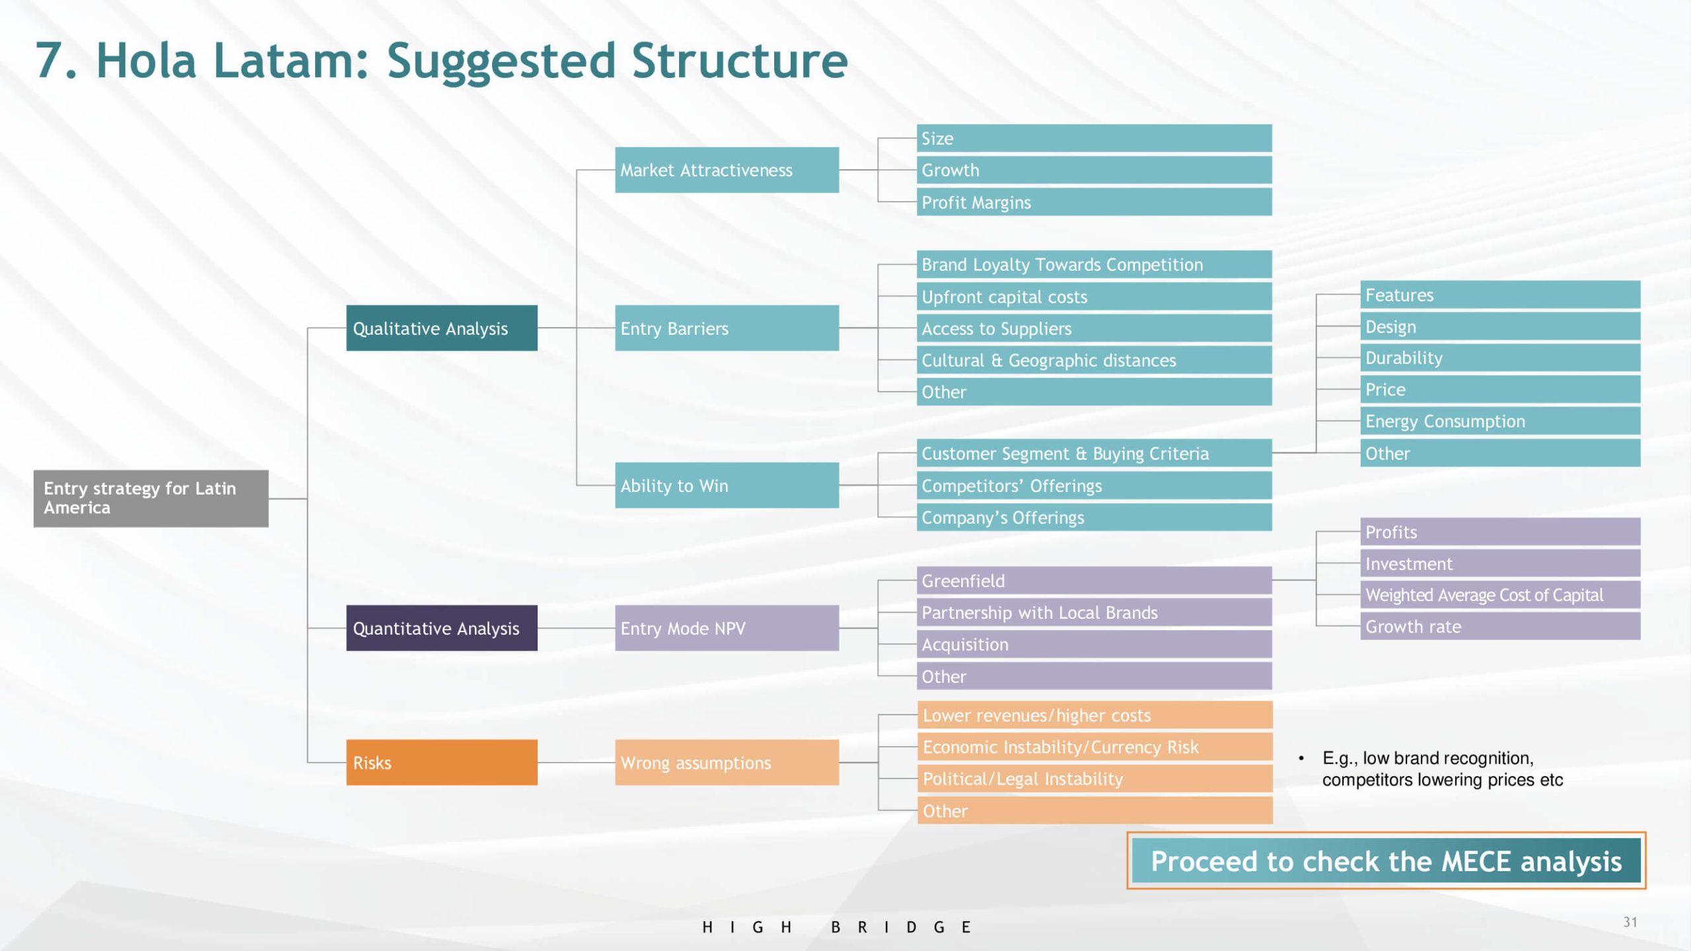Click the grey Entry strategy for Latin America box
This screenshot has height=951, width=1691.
click(151, 498)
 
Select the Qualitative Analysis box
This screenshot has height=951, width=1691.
click(441, 328)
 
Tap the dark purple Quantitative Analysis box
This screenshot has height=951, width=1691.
click(441, 627)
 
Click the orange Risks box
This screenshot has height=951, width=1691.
click(441, 762)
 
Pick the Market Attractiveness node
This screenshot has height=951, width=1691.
click(727, 170)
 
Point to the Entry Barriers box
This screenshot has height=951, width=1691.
click(727, 328)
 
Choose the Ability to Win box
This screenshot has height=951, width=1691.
click(727, 485)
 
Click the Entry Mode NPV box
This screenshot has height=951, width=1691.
click(727, 627)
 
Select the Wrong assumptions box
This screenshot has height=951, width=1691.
click(727, 762)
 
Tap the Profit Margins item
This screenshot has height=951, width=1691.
click(1094, 202)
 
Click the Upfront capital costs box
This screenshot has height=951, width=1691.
click(1094, 297)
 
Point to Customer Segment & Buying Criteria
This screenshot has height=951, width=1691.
click(1094, 453)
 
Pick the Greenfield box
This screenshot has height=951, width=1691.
click(1094, 581)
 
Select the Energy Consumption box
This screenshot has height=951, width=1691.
click(1499, 421)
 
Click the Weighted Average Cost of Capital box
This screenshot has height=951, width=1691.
click(1499, 595)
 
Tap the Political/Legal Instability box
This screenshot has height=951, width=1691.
click(1094, 779)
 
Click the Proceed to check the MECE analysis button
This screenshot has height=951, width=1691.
click(1386, 861)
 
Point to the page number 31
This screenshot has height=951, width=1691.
click(1630, 922)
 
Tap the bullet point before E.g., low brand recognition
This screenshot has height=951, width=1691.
click(1301, 758)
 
